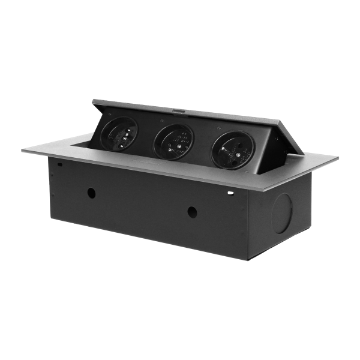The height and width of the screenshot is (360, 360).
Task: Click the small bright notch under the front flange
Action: coord(230,193)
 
